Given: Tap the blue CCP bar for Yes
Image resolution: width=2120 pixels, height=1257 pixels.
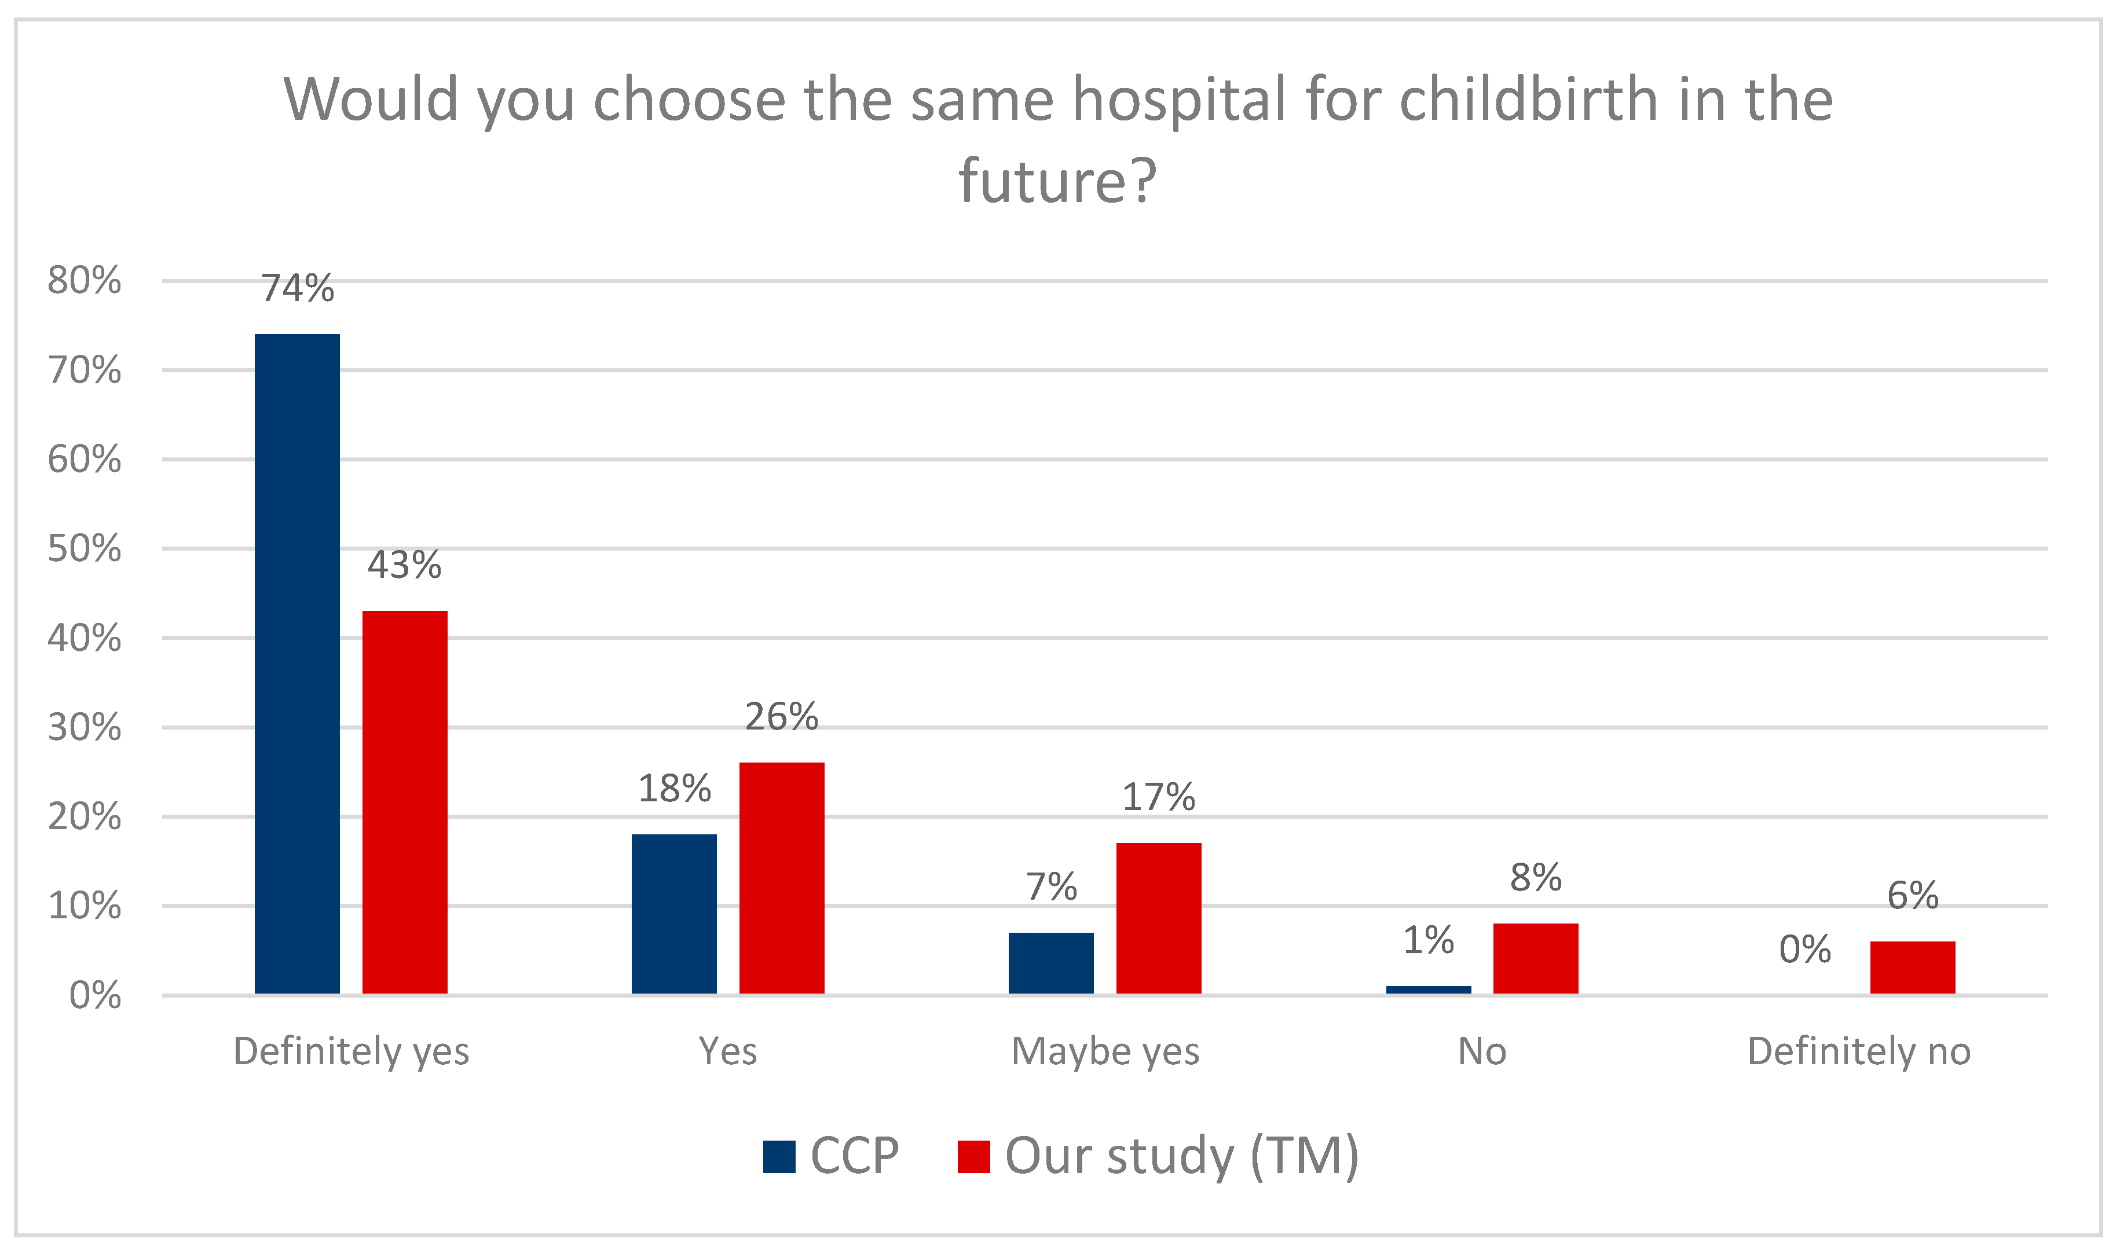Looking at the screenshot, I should [x=674, y=913].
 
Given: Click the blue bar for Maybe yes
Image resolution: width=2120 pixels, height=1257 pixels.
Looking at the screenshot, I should [x=1051, y=963].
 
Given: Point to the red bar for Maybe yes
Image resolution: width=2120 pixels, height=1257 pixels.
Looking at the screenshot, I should [x=1159, y=917].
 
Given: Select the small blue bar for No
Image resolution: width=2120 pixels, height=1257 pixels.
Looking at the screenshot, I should [x=1429, y=990].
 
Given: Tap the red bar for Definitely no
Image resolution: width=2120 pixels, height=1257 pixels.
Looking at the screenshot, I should [x=1913, y=968].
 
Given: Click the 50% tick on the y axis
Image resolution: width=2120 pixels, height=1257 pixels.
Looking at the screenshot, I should [x=85, y=549].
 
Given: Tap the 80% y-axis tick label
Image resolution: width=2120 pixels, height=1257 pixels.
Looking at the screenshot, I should [x=85, y=280].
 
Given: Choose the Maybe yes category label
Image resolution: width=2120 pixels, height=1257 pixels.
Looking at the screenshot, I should [x=1105, y=1051].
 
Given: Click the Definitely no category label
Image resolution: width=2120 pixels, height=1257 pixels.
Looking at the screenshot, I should [x=1859, y=1051].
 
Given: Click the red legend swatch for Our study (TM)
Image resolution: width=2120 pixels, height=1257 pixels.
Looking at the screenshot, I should [x=973, y=1157].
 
